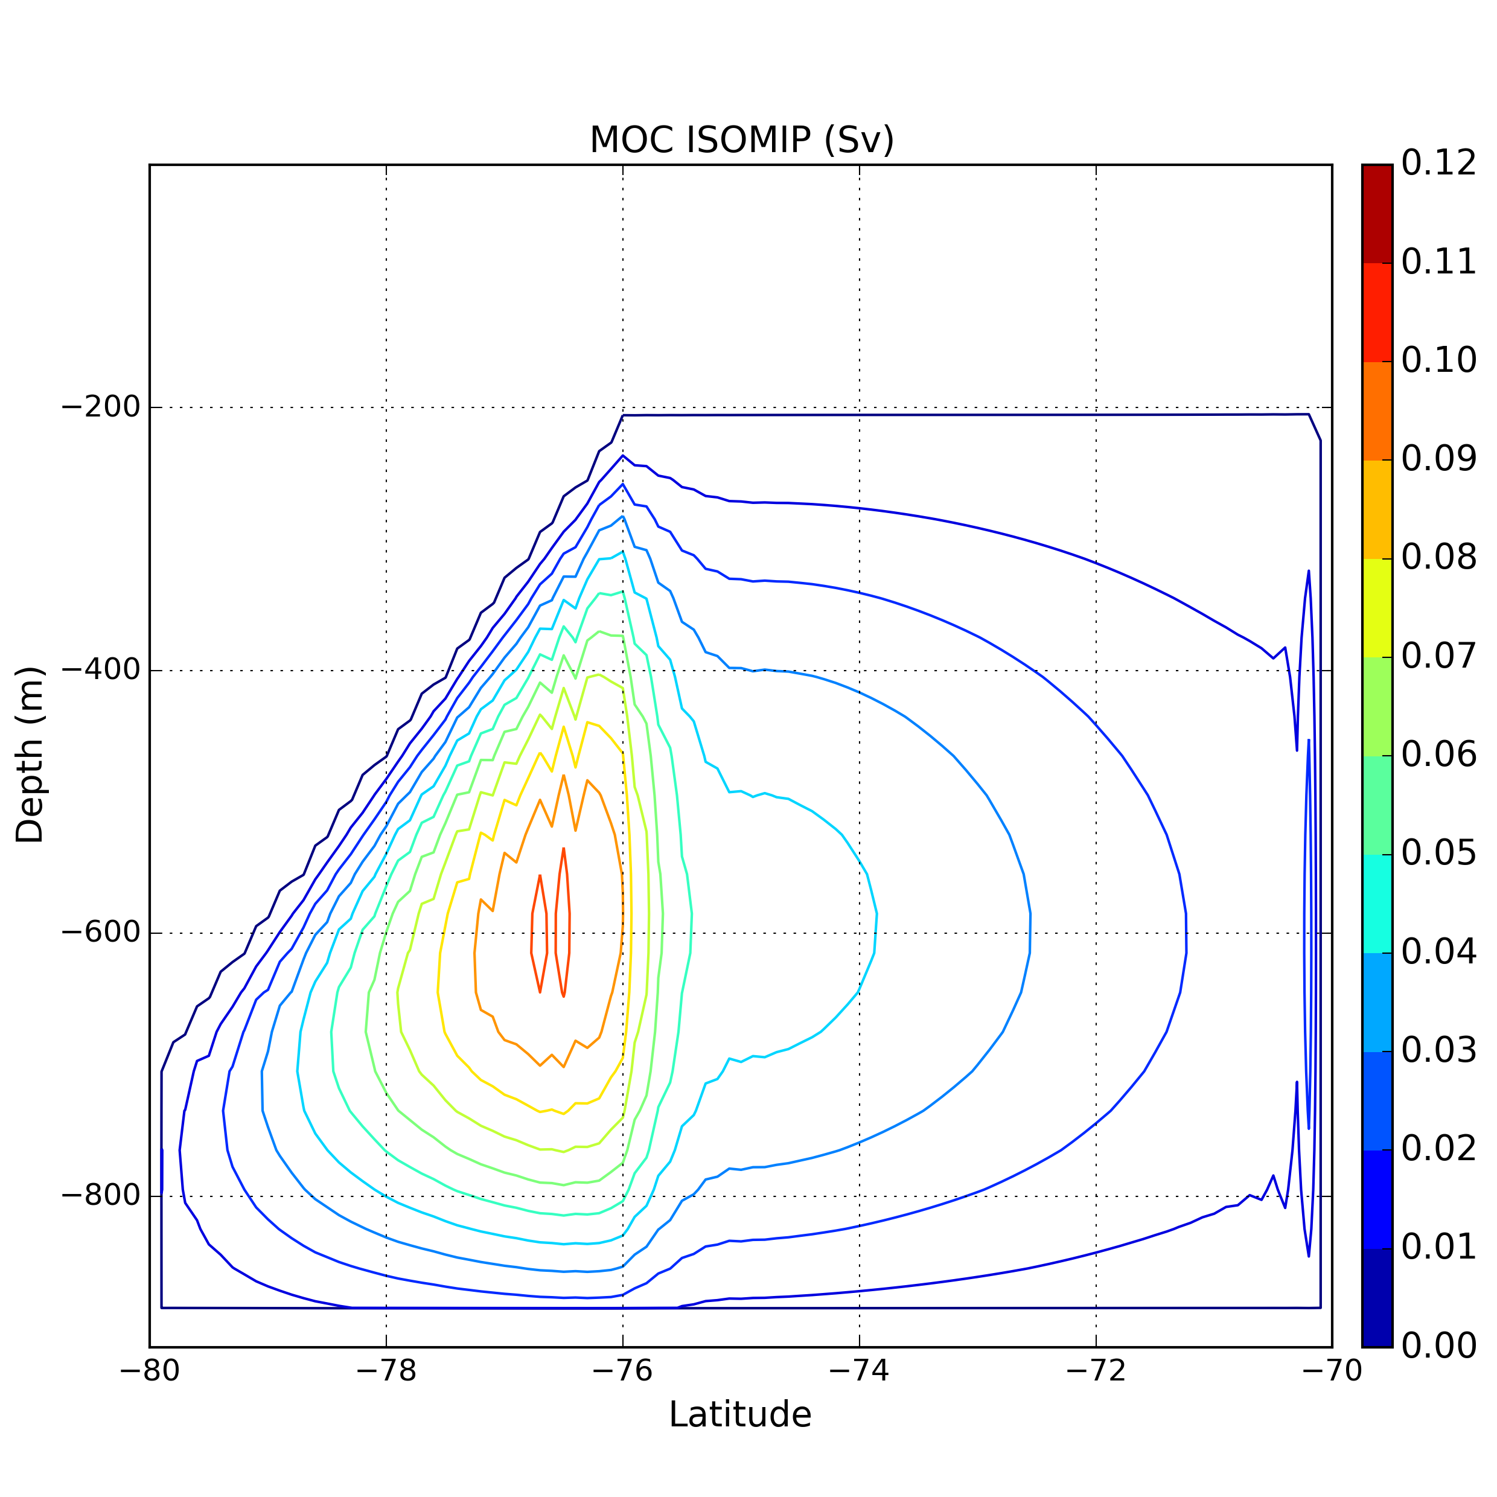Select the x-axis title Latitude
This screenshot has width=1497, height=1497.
pyautogui.click(x=740, y=1414)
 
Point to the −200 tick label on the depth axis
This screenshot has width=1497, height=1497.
pyautogui.click(x=100, y=407)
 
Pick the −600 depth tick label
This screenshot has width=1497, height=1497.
pyautogui.click(x=100, y=933)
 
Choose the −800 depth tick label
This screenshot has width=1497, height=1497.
pyautogui.click(x=100, y=1196)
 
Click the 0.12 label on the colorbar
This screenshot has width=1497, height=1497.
pyautogui.click(x=1438, y=164)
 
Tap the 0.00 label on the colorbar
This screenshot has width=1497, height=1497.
pyautogui.click(x=1438, y=1347)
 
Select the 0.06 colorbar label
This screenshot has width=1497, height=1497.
pyautogui.click(x=1438, y=756)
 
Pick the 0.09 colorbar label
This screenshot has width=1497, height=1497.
pyautogui.click(x=1438, y=460)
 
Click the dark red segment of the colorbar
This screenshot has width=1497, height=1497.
pyautogui.click(x=1377, y=214)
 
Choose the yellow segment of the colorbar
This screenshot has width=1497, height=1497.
pyautogui.click(x=1377, y=608)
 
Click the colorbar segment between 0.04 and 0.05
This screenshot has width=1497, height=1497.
pyautogui.click(x=1377, y=904)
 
